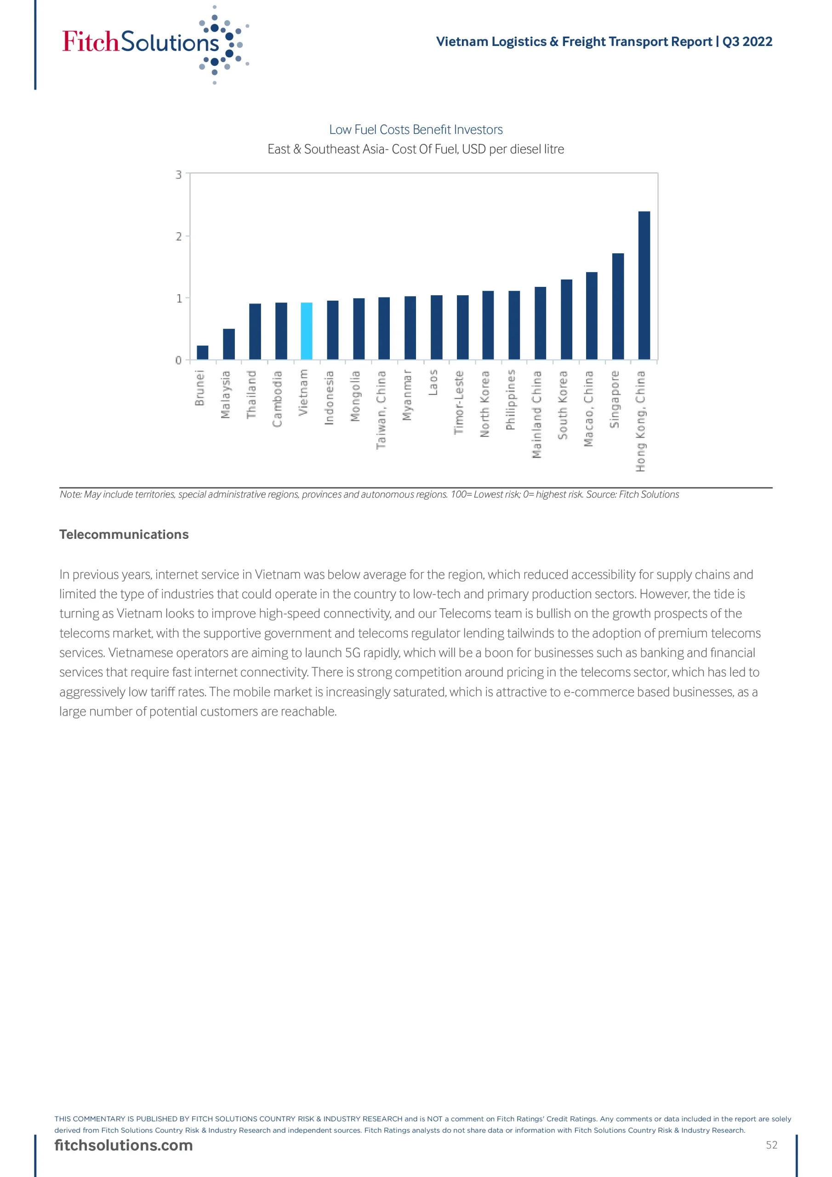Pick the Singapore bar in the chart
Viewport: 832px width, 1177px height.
618,306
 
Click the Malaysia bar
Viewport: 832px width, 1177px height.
228,344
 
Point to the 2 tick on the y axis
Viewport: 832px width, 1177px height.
179,236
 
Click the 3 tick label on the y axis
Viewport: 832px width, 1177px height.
179,175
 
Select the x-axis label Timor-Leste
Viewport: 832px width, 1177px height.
459,402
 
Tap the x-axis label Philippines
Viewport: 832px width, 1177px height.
511,400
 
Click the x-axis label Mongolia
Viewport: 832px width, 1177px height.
355,396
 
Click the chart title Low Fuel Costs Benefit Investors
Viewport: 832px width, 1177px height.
416,130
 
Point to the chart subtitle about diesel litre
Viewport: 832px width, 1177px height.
416,149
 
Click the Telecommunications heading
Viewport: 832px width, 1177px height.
124,534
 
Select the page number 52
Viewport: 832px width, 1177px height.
771,1145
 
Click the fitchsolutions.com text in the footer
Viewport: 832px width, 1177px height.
124,1145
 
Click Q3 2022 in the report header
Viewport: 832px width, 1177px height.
747,41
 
